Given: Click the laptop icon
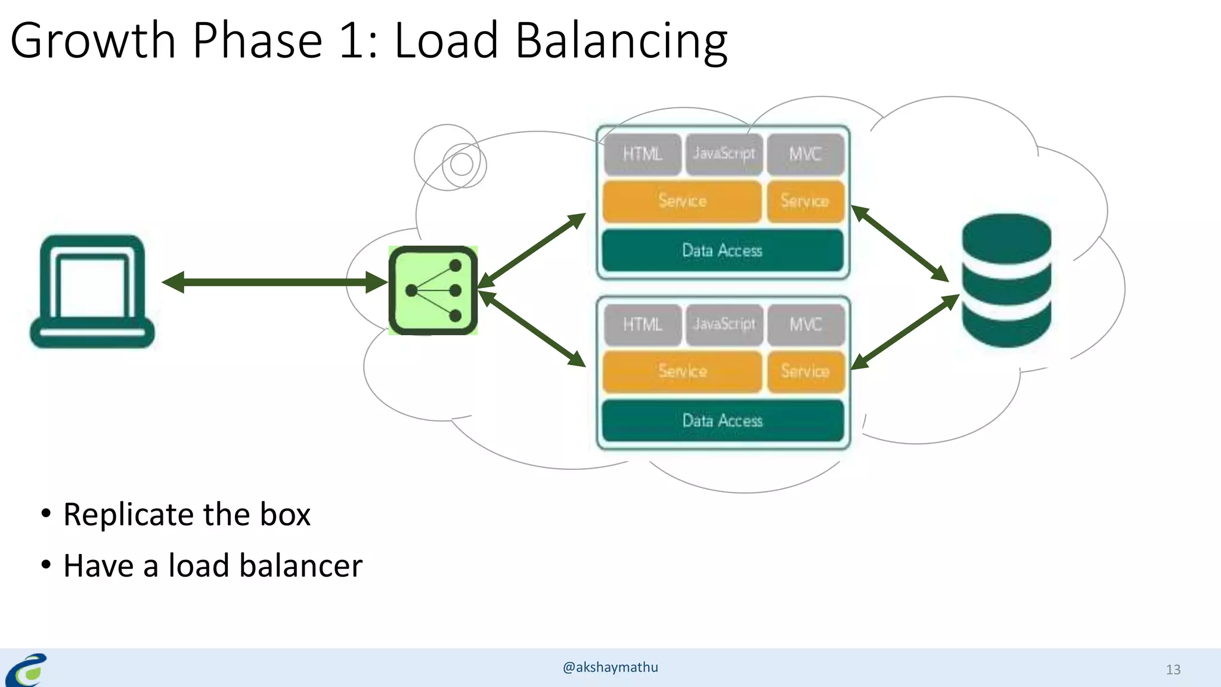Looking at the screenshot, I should point(92,291).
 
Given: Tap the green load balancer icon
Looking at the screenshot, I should point(433,290).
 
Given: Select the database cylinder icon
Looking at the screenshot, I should point(1006,280).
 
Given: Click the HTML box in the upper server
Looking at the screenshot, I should point(642,154).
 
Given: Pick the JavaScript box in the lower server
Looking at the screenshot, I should point(724,324).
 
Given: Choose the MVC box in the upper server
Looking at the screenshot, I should point(805,154).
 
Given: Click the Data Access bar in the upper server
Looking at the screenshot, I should point(722,250).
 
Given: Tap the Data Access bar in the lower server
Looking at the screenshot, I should point(722,421).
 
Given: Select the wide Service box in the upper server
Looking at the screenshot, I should point(682,201).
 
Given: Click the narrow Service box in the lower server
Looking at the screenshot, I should point(805,372).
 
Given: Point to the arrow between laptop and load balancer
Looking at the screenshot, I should point(274,282).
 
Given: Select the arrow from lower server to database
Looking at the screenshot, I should point(904,332).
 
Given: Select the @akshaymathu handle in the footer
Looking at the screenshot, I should point(610,667).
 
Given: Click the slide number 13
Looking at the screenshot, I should point(1173,670).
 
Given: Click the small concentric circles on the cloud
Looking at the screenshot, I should point(461,163).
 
